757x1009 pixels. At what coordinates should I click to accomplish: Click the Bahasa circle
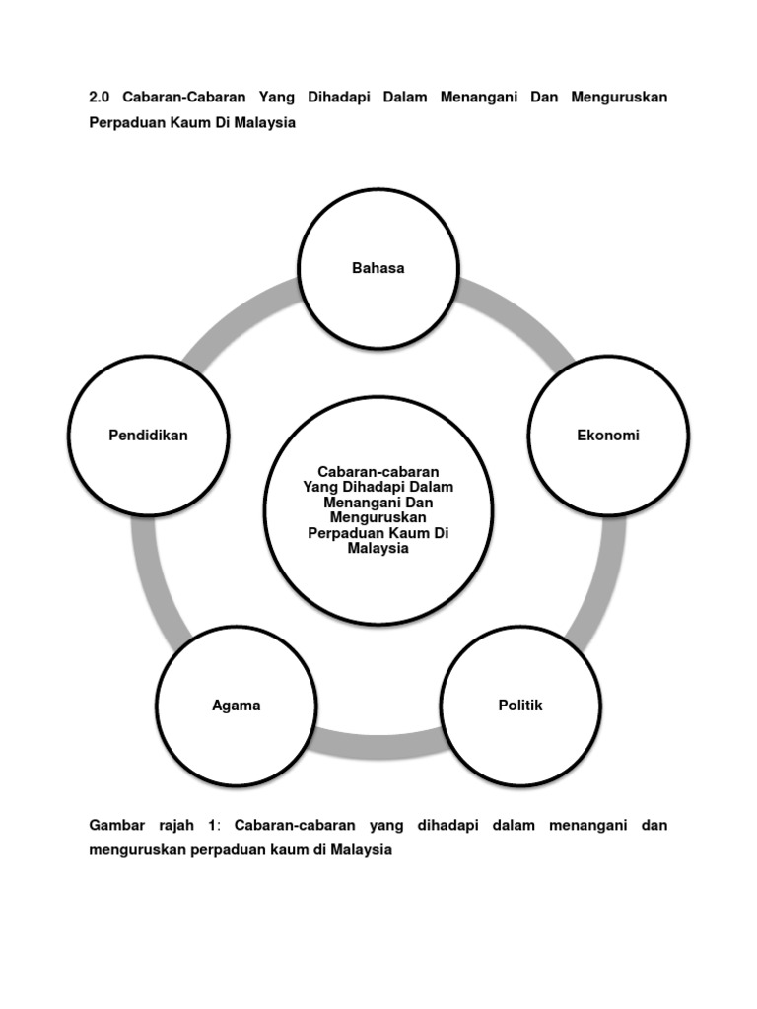pyautogui.click(x=378, y=268)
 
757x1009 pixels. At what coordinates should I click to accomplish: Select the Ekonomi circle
pyautogui.click(x=608, y=436)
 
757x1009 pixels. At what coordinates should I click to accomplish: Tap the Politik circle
pyautogui.click(x=520, y=706)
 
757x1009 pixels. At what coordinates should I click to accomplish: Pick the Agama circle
pyautogui.click(x=237, y=706)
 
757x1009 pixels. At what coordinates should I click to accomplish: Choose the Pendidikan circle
pyautogui.click(x=149, y=436)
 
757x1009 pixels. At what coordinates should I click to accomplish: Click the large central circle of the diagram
pyautogui.click(x=378, y=510)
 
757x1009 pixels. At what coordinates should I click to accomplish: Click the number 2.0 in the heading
pyautogui.click(x=100, y=98)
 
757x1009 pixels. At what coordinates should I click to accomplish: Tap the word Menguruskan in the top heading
pyautogui.click(x=618, y=98)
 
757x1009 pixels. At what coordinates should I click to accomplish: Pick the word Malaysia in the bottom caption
pyautogui.click(x=362, y=849)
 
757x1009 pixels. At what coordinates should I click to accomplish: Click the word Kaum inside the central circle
pyautogui.click(x=411, y=533)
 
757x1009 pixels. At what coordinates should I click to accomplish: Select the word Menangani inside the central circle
pyautogui.click(x=345, y=502)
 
